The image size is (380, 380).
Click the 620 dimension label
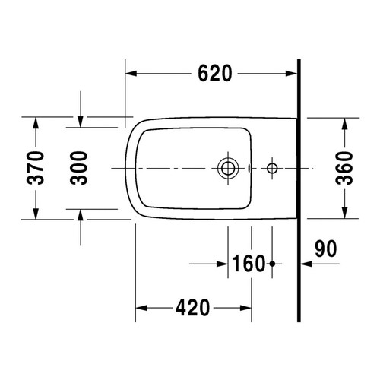213,73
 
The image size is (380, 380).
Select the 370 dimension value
33,167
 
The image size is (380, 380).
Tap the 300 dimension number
80,167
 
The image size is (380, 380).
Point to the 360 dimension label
345,167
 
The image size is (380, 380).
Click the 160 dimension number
249,265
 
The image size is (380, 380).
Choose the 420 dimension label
192,309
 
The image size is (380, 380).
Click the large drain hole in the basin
227,167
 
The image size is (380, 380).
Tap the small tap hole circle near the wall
271,167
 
